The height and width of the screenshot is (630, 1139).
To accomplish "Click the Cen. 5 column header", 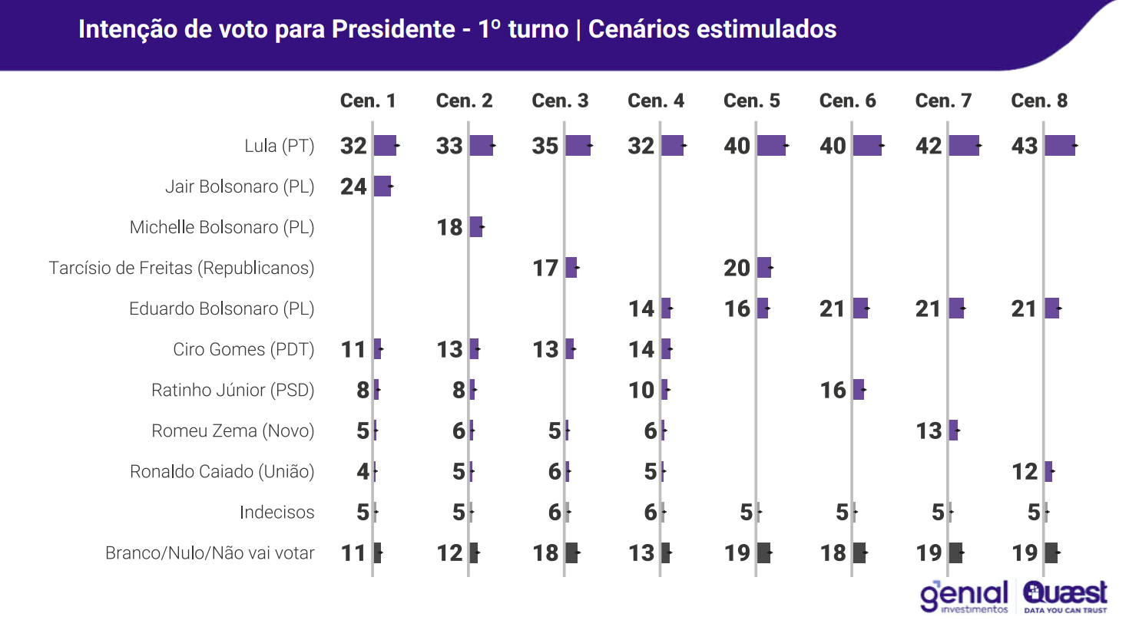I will (x=751, y=101).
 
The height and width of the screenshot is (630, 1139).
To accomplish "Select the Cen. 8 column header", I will (x=1039, y=101).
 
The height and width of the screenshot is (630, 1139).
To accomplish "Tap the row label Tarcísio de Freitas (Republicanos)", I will (x=181, y=268).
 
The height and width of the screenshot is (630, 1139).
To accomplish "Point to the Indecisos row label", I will (x=276, y=512).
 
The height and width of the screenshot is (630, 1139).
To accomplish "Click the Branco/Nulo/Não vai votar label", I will (x=210, y=552).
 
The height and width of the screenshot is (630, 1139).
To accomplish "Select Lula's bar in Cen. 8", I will (x=1060, y=145).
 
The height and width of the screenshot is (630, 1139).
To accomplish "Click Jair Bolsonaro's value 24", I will (x=353, y=186).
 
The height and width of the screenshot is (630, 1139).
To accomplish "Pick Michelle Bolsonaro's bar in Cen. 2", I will (x=476, y=227).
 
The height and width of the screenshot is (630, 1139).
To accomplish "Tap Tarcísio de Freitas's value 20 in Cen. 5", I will (x=737, y=268).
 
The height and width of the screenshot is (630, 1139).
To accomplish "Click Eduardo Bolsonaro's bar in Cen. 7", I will (x=956, y=308).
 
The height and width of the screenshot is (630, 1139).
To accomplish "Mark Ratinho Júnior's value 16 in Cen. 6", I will (x=833, y=390).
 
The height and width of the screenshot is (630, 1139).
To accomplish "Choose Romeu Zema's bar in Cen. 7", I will (x=953, y=430).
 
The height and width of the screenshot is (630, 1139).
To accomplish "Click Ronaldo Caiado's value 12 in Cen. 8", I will (x=1025, y=471).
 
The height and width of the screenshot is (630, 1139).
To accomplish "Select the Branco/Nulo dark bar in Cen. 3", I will (x=571, y=552).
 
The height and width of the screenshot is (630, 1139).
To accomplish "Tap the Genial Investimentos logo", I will (x=965, y=597).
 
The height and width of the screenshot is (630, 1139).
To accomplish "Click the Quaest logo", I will (x=1065, y=597).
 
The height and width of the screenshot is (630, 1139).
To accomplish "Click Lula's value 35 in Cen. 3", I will (x=545, y=146).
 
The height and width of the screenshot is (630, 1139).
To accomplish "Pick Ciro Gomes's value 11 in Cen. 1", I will (x=353, y=349).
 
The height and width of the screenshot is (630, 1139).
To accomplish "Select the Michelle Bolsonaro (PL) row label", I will (x=222, y=227).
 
